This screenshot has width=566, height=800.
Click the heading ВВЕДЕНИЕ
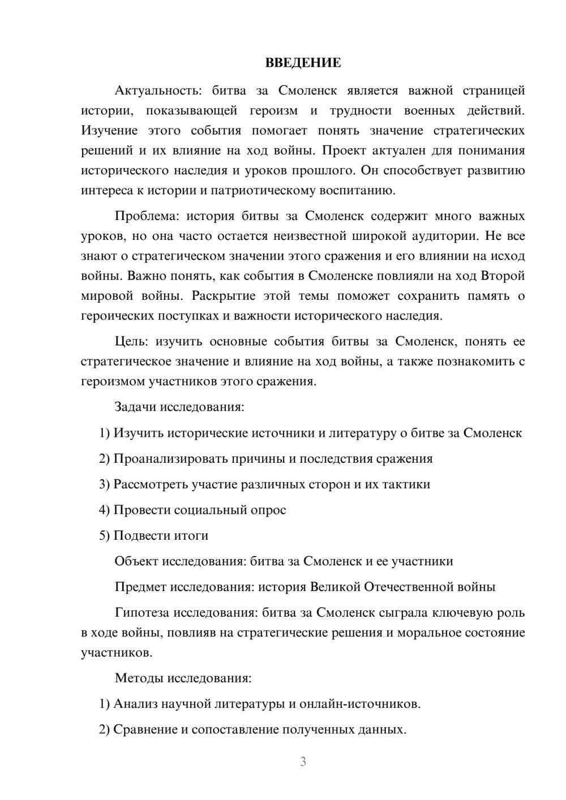303,63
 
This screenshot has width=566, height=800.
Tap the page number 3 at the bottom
303,762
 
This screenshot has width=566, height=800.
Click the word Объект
136,561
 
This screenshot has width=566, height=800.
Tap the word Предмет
140,587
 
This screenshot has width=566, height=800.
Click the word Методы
138,678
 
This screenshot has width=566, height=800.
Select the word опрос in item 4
269,510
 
